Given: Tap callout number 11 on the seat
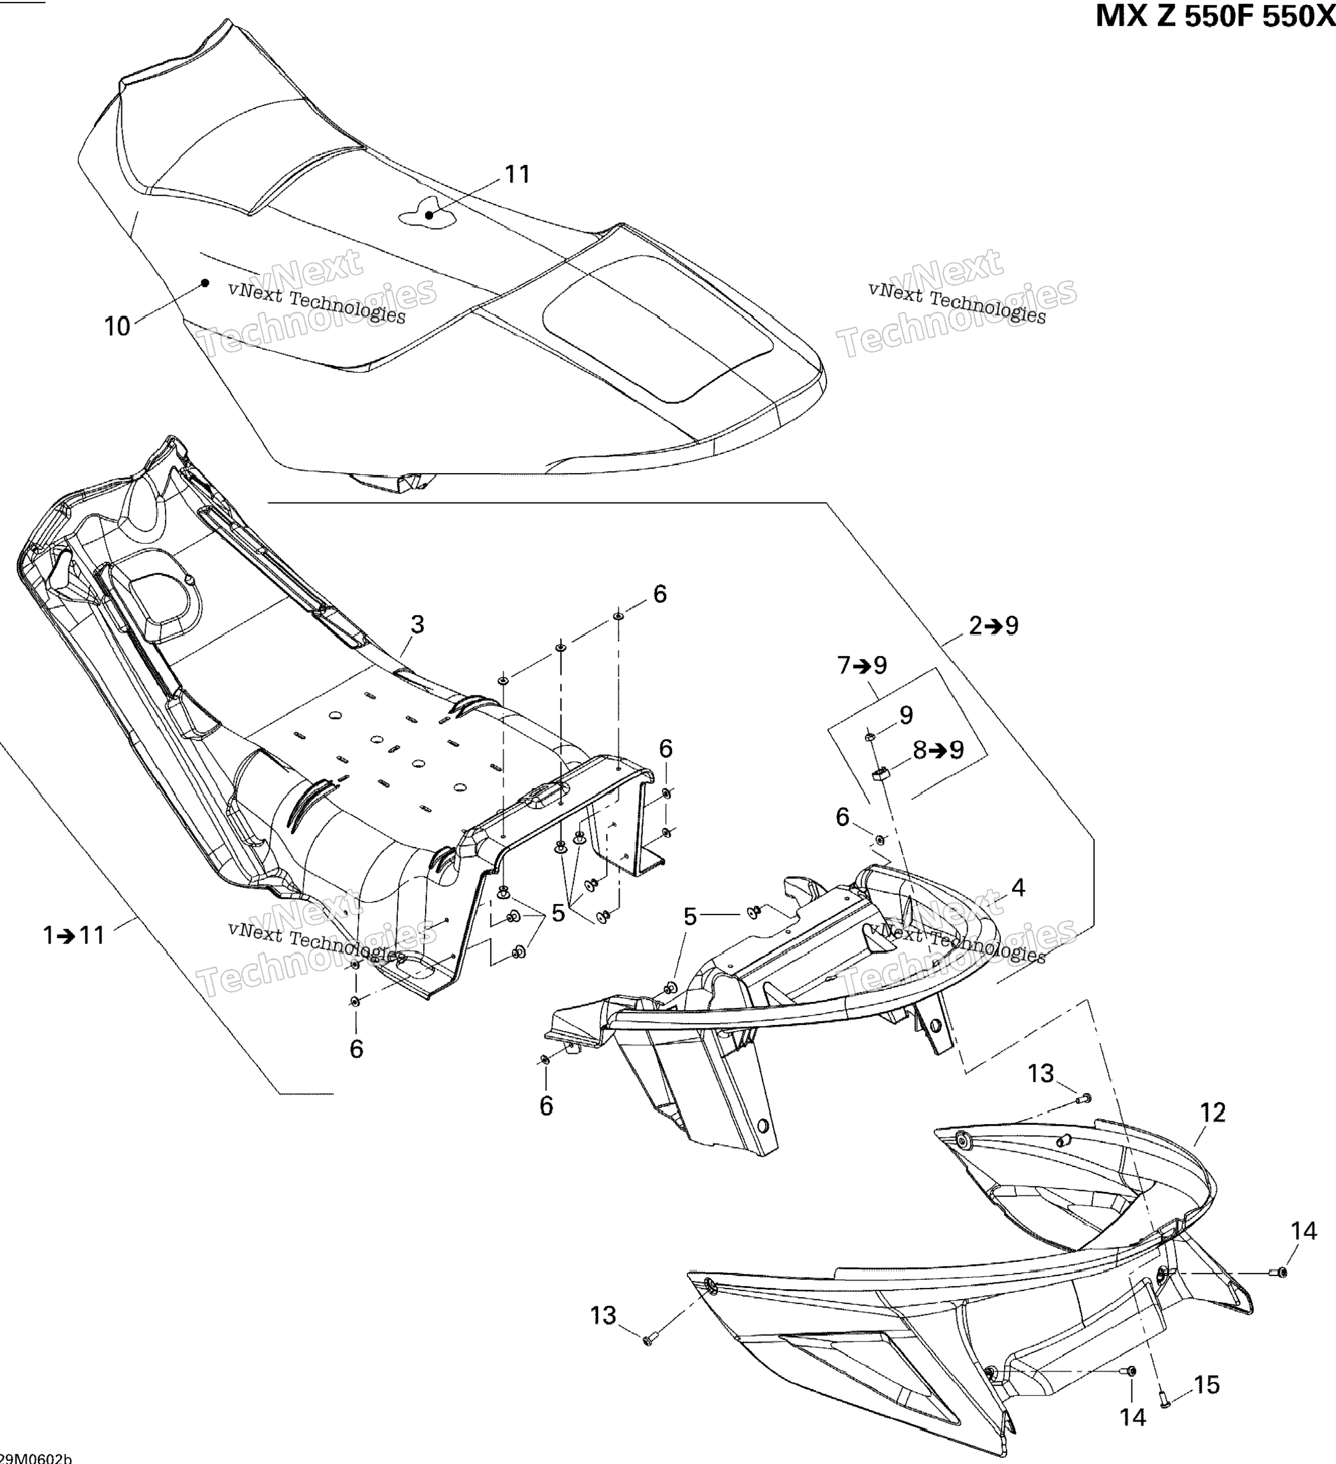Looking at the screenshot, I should coord(517,174).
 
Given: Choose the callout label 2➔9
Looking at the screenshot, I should coord(994,625).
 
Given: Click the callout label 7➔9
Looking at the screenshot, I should coord(862,665).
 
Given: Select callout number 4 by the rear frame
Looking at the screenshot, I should coord(1018,888).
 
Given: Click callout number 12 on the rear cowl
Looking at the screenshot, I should coord(1213,1112).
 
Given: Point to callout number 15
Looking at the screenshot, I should coord(1207,1385).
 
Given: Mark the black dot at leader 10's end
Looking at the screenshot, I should coord(206,283).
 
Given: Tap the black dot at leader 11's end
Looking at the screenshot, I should coord(430,214).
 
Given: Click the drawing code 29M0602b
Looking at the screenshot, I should coord(36,1458).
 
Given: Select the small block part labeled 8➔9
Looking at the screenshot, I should coord(880,773).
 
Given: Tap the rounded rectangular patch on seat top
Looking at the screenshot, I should coord(657,327).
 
